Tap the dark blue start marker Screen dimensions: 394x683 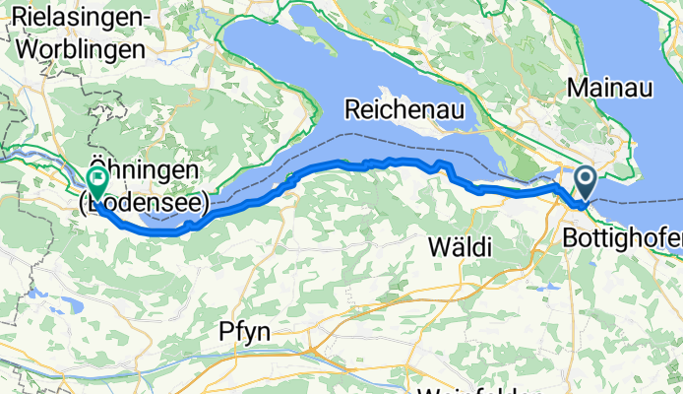[585, 179]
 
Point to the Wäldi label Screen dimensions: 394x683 [461, 247]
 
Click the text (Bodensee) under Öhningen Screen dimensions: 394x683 [144, 204]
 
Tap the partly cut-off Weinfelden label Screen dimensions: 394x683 [472, 389]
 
